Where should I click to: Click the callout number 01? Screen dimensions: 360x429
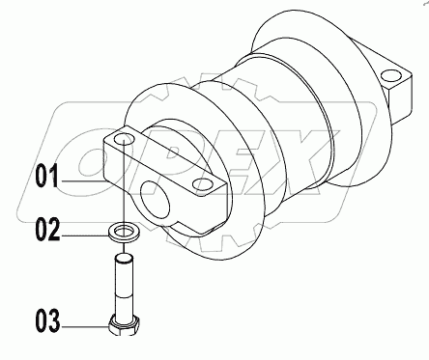coord(48,177)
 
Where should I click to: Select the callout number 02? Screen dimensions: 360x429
coord(48,230)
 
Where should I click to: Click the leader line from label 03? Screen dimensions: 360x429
coord(87,322)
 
